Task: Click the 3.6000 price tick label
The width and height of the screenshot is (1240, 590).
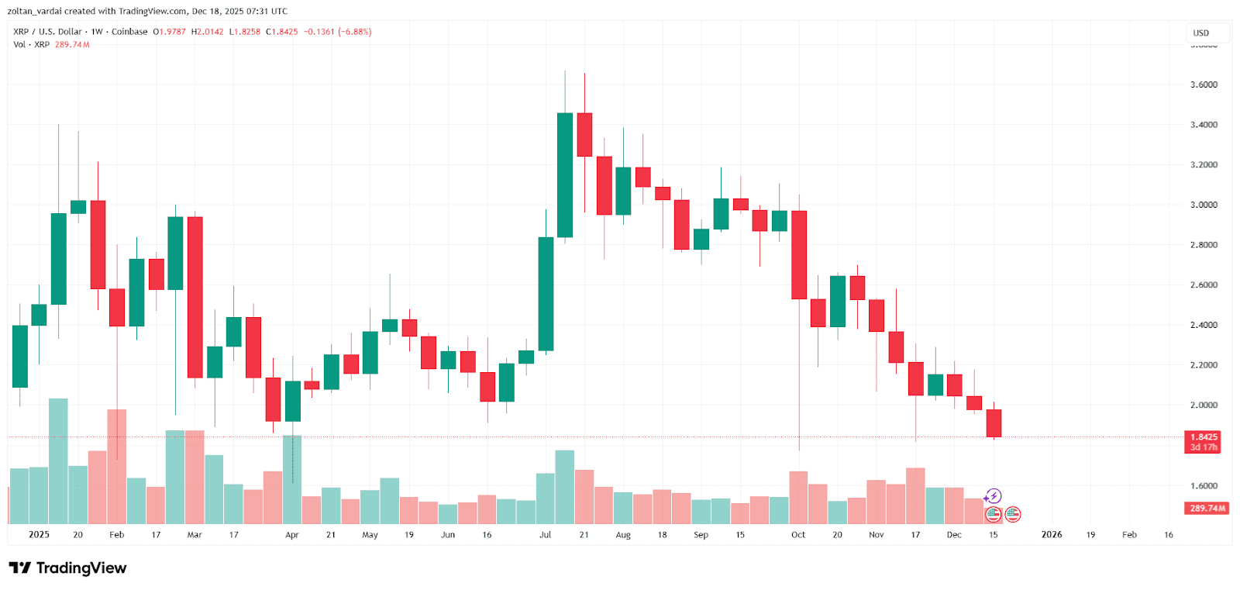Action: pyautogui.click(x=1203, y=85)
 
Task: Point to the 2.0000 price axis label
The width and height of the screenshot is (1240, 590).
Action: pyautogui.click(x=1203, y=405)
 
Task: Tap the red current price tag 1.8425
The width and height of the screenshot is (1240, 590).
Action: pyautogui.click(x=1203, y=437)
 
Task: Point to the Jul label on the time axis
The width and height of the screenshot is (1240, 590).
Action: pyautogui.click(x=545, y=535)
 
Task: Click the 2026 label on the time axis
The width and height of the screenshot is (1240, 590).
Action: pyautogui.click(x=1052, y=535)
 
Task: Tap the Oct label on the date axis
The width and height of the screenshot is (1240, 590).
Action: pyautogui.click(x=798, y=535)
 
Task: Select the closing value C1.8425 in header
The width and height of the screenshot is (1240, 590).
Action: pyautogui.click(x=282, y=32)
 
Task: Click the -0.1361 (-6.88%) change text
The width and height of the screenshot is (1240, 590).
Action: pyautogui.click(x=337, y=32)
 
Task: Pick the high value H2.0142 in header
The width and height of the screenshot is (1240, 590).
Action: pyautogui.click(x=207, y=32)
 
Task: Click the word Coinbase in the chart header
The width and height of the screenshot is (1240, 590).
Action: pyautogui.click(x=129, y=32)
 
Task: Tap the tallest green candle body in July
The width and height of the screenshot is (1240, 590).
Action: pyautogui.click(x=565, y=175)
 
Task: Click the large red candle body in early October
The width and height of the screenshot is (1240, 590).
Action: pyautogui.click(x=798, y=254)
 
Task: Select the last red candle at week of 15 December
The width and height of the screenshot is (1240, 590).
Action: pyautogui.click(x=994, y=423)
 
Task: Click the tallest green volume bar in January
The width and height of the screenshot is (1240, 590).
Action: pyautogui.click(x=58, y=461)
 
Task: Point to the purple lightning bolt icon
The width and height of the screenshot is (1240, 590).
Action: pyautogui.click(x=994, y=496)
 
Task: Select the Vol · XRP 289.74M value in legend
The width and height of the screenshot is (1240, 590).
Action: pyautogui.click(x=72, y=44)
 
